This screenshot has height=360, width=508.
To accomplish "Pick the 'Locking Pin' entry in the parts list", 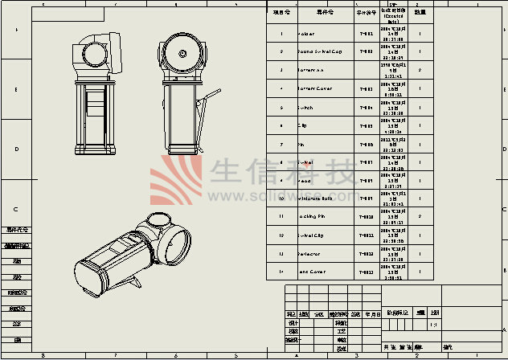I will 315,217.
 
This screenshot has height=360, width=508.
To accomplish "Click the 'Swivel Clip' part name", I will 315,235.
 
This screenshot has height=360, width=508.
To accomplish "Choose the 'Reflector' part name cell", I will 314,254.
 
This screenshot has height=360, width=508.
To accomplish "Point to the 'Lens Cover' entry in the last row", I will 315,272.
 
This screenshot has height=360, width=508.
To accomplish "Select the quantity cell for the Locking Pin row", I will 420,217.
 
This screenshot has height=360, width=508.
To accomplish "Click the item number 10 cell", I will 281,198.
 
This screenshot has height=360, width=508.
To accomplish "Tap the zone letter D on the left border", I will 15,149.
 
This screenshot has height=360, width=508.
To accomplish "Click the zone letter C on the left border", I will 15,209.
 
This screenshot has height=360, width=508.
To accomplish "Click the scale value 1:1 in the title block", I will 436,325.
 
